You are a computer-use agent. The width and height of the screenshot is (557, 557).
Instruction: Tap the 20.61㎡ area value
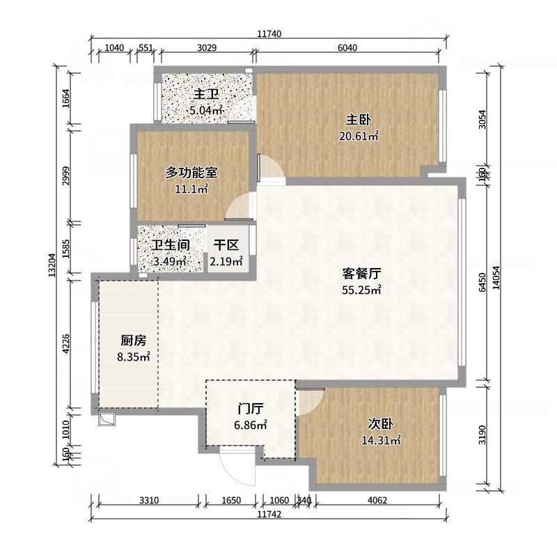click(358, 136)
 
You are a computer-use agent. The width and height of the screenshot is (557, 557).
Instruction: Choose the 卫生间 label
click(171, 245)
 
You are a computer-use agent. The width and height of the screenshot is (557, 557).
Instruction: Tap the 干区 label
click(226, 245)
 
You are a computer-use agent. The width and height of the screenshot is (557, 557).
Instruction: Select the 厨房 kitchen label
click(134, 340)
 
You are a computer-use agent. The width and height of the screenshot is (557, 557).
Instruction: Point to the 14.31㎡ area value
click(381, 440)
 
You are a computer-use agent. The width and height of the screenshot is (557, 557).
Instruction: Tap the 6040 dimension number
click(347, 48)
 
